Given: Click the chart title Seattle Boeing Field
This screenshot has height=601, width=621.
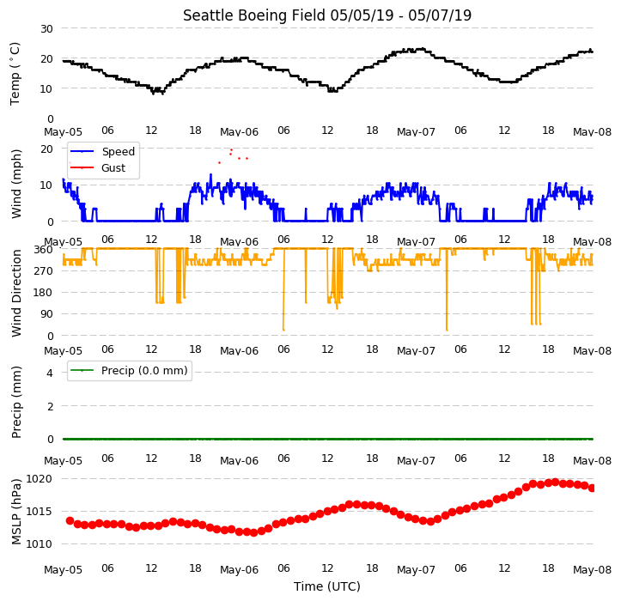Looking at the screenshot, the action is pos(254,15).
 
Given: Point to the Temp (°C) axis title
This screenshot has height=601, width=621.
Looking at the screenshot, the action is pos(15,74).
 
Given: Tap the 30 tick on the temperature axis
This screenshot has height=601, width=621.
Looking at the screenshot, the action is pos(46,29).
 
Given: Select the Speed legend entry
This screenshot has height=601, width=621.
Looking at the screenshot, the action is pos(102,151).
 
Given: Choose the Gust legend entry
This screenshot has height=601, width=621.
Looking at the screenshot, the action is pos(98,168).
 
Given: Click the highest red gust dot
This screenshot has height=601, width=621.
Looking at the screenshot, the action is pos(231,149).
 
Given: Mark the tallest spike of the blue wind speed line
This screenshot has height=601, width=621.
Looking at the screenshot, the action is pos(210,174).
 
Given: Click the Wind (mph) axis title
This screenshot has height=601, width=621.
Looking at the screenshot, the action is pos(16,184).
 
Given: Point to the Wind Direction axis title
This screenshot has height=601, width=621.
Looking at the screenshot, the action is pos(16,294).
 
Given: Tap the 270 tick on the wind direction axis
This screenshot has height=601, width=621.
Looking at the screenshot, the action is pos(45,271).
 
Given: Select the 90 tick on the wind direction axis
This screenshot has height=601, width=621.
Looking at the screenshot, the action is pos(46,314).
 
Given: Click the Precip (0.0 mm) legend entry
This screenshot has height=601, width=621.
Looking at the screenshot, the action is pos(129,371).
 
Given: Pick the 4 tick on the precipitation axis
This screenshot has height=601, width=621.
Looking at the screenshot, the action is pos(50,373).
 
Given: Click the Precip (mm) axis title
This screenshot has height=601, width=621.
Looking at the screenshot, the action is pos(16,403).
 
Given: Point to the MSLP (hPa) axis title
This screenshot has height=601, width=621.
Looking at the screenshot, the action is pos(16,512).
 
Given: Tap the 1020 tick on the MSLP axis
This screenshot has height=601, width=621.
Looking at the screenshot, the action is pos(39,479).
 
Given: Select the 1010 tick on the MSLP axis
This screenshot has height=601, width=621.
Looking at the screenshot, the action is pos(39,544).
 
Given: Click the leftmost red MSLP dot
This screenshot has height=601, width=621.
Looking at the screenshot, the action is pos(70,520).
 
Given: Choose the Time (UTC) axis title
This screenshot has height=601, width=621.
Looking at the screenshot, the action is pos(327,586).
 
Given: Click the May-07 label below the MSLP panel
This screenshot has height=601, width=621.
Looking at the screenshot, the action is pos(416,570).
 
